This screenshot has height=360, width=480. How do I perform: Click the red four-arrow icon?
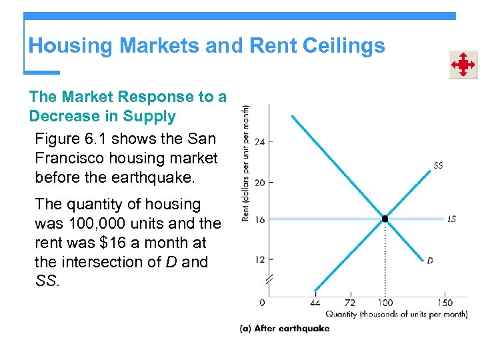click(462, 65)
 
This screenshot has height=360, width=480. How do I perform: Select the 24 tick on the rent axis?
click(260, 142)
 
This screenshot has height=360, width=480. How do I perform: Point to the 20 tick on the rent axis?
click(260, 183)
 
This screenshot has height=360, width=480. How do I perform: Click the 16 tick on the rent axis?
click(260, 219)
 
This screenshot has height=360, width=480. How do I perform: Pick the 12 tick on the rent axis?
click(260, 259)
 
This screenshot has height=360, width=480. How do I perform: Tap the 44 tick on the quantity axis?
click(315, 303)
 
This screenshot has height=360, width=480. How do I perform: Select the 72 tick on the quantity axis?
click(350, 303)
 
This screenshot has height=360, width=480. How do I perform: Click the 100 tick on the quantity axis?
click(385, 303)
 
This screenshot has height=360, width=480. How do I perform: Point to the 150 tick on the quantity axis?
click(446, 303)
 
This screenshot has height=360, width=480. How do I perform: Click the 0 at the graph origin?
click(262, 303)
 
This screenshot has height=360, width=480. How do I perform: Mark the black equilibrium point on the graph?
click(385, 219)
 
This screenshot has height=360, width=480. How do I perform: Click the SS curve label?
click(438, 165)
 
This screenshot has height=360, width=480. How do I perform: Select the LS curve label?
click(452, 219)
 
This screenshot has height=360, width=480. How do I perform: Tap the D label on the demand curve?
click(430, 261)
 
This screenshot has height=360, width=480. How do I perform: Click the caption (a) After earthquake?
click(285, 328)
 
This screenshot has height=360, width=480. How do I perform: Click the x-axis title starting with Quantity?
click(396, 314)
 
